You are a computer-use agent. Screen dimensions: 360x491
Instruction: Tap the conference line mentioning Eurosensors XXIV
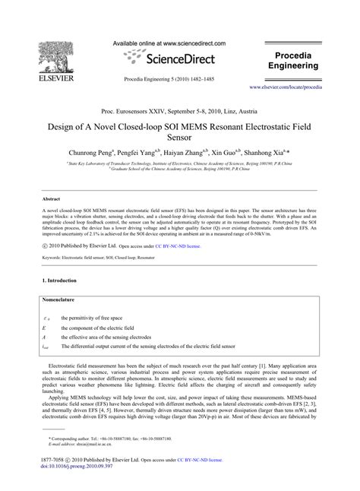coord(180,109)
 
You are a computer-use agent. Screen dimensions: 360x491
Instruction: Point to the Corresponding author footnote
coord(106,460)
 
